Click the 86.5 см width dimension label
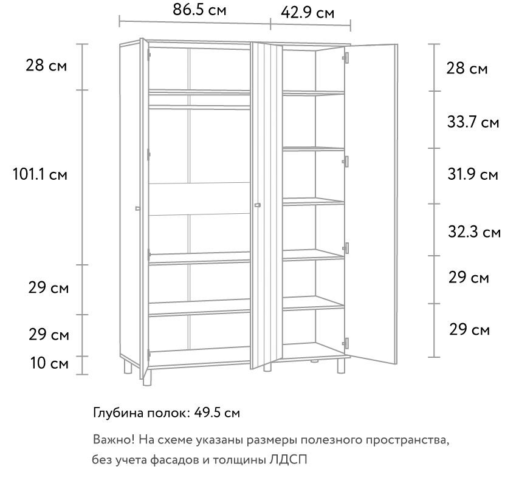click(199, 10)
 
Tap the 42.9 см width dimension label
click(308, 13)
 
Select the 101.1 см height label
click(40, 174)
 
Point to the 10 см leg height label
click(49, 363)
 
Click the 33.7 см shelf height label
click(473, 122)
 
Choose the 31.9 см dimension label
click(473, 174)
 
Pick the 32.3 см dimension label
click(474, 231)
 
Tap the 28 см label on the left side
click(46, 65)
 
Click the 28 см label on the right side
click(467, 68)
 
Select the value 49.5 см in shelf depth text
click(217, 412)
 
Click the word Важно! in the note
click(114, 440)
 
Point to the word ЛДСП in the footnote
click(288, 459)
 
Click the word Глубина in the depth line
click(119, 413)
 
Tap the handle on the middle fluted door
click(258, 205)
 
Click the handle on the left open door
click(138, 208)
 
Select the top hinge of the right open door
click(345, 58)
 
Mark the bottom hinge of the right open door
click(346, 343)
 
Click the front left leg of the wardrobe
click(147, 377)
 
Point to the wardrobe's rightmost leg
click(341, 366)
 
